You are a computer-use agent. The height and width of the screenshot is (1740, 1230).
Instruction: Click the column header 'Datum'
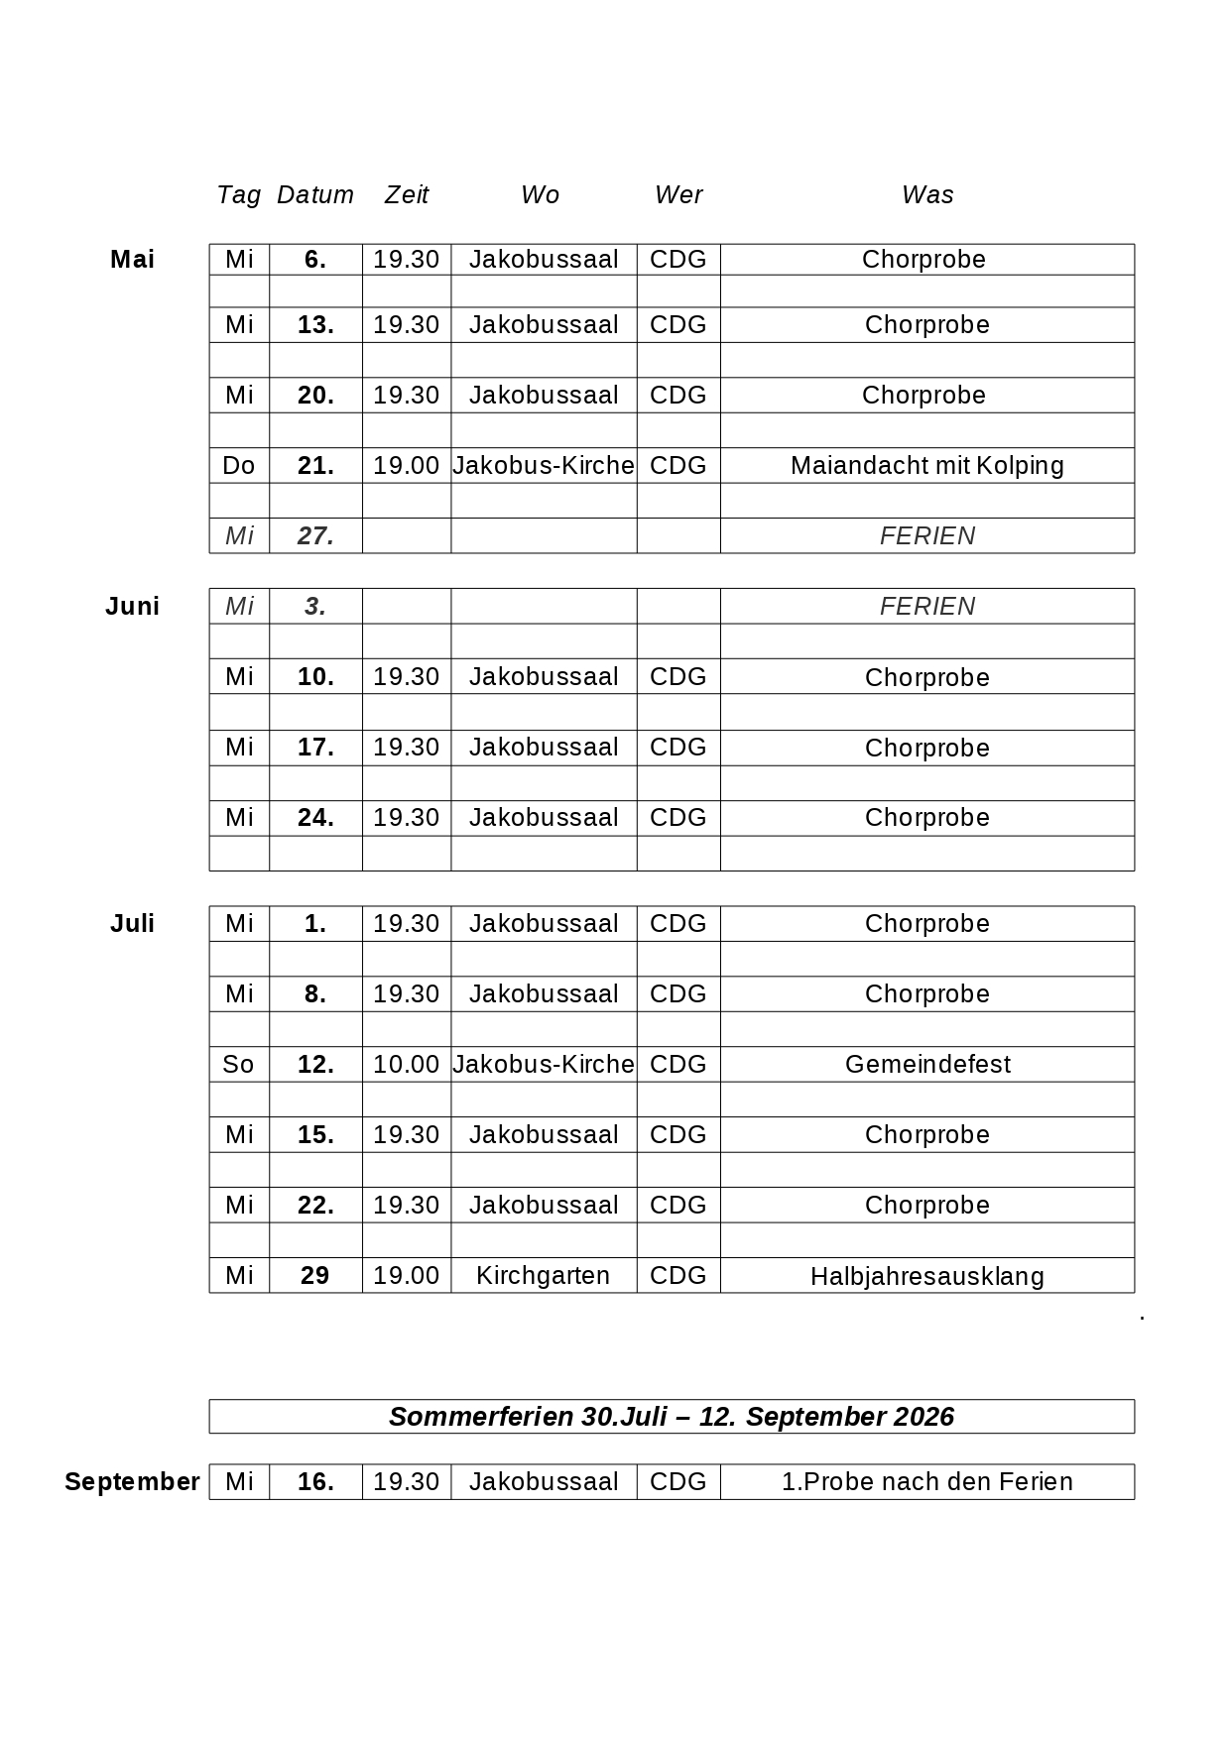tap(314, 195)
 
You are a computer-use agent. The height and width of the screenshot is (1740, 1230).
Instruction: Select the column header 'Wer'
tap(678, 195)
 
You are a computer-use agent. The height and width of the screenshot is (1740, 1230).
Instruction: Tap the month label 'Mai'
tap(132, 260)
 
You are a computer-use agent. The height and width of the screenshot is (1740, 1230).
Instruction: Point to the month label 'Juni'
tap(132, 607)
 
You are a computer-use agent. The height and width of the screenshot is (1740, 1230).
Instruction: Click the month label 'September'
tap(132, 1482)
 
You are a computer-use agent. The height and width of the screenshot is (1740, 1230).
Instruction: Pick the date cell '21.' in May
tap(315, 466)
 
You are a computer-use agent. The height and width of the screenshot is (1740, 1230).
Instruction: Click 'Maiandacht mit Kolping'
tap(926, 466)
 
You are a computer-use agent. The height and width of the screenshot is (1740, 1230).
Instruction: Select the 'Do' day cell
tap(239, 466)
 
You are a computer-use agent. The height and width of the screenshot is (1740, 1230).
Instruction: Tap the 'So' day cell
tap(239, 1065)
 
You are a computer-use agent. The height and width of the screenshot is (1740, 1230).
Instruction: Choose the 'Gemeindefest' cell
tap(927, 1065)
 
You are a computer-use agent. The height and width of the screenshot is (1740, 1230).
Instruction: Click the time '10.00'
tap(406, 1065)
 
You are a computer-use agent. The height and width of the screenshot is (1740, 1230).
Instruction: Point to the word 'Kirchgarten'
tap(543, 1276)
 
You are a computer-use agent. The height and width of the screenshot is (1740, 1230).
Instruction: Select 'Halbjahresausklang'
tap(926, 1277)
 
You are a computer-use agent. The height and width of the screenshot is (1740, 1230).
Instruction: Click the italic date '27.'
tap(315, 536)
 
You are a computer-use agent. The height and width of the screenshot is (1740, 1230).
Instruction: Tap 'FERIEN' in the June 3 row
tap(927, 607)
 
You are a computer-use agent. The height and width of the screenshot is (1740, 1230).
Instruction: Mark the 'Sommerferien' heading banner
tap(671, 1417)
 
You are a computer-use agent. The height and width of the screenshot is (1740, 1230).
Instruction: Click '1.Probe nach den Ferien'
tap(926, 1482)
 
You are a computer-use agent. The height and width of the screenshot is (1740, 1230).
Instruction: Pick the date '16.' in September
tap(315, 1482)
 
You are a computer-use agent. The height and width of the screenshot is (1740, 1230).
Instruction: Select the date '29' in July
tap(314, 1276)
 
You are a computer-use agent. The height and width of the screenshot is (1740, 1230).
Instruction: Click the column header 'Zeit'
tap(407, 195)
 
